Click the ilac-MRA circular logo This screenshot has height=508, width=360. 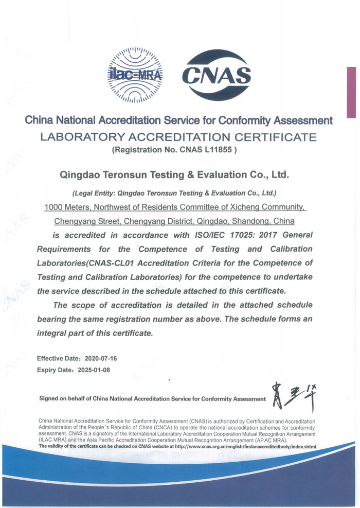click(x=135, y=73)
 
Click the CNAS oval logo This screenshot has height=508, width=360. click(x=217, y=75)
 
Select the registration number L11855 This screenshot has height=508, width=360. click(x=218, y=151)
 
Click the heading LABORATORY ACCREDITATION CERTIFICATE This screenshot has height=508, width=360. click(x=179, y=137)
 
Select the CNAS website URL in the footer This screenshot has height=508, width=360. click(x=246, y=446)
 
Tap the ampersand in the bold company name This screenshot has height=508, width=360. click(x=189, y=175)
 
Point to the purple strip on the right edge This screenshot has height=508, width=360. click(x=352, y=93)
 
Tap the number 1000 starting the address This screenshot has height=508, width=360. click(x=55, y=207)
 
